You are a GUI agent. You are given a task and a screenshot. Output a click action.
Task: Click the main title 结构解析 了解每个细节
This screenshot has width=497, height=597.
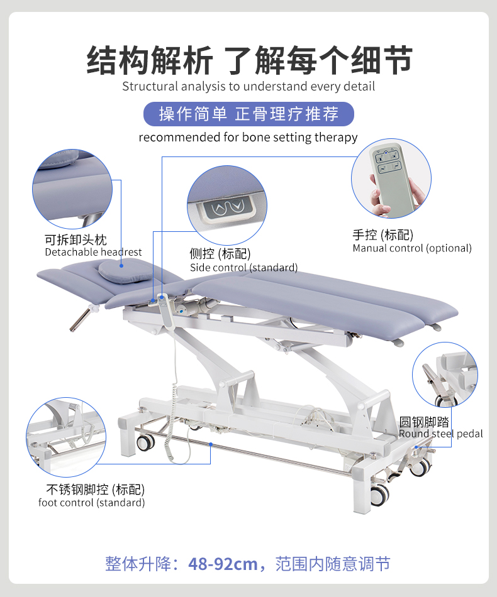[x=248, y=60]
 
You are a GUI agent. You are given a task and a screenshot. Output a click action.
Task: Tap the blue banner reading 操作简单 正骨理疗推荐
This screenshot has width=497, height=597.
[x=248, y=114]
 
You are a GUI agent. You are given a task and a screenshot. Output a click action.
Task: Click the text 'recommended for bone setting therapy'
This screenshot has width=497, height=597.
[x=248, y=137]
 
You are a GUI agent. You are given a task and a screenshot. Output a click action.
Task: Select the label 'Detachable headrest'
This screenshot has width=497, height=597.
[x=93, y=252]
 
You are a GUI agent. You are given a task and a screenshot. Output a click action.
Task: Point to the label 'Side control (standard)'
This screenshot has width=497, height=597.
[x=243, y=268]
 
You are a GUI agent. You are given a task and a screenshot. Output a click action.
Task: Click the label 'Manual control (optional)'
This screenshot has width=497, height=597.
[x=411, y=248]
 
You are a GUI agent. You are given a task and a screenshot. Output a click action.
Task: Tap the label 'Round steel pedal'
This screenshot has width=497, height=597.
[x=440, y=434]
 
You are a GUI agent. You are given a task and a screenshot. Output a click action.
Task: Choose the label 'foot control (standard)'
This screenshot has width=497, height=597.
[x=91, y=503]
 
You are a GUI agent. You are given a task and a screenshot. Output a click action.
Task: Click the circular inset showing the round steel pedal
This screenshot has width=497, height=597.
[x=445, y=375]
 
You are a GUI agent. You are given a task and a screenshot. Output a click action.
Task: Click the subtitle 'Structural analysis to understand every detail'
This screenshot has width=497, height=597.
[x=248, y=87]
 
